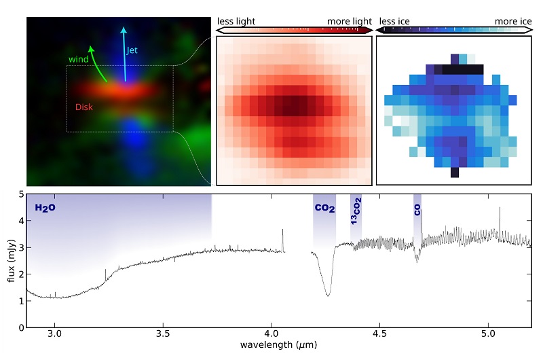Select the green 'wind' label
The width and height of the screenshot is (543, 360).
tap(78, 59)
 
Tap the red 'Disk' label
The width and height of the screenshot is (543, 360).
tap(85, 107)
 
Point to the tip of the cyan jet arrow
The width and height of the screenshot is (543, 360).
tap(123, 27)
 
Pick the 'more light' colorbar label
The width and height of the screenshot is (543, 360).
tap(350, 22)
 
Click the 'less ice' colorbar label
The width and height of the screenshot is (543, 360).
tap(396, 22)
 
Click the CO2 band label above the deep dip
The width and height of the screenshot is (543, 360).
tap(324, 209)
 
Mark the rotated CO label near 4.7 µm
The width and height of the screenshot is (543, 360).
tap(417, 210)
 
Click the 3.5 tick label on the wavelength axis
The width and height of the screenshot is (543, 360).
tap(163, 334)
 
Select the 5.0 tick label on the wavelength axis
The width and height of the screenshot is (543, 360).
tap(487, 334)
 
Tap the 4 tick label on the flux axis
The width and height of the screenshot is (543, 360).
tap(20, 221)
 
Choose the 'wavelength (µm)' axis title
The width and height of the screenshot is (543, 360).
tap(278, 346)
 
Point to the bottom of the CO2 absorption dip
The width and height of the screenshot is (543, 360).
tap(329, 295)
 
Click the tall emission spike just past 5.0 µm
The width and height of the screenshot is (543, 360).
tap(500, 209)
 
